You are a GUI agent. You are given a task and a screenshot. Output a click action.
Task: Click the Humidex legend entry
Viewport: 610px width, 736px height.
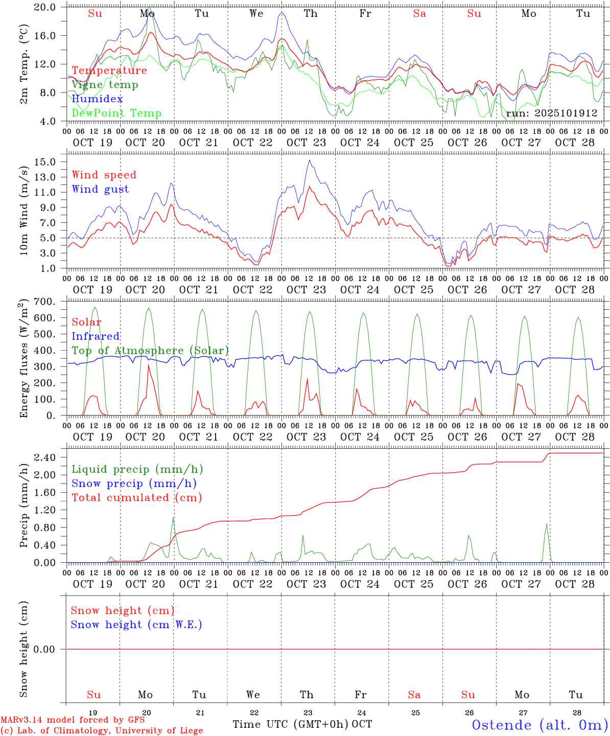(x=97, y=99)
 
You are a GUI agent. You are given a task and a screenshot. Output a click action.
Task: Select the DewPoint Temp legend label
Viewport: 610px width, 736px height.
(x=116, y=113)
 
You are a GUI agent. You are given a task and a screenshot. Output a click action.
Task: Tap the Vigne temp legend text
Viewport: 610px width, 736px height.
(x=105, y=84)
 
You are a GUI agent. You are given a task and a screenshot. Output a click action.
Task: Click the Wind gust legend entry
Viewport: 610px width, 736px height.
(x=100, y=189)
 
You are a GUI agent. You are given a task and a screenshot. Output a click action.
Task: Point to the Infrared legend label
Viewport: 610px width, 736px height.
(x=96, y=336)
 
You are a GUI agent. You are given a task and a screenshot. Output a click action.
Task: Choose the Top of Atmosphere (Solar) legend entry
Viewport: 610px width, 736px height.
(x=150, y=351)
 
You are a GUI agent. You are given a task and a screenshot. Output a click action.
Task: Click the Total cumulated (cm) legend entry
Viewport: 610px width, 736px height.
(x=136, y=497)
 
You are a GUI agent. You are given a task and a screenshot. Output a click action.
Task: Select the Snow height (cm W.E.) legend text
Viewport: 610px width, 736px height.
(x=136, y=625)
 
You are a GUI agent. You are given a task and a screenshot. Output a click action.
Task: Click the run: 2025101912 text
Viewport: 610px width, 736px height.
(x=551, y=113)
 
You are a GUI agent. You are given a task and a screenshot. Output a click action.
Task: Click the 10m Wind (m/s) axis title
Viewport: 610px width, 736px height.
(x=24, y=209)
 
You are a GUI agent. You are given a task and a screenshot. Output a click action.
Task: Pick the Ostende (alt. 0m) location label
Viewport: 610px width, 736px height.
(x=540, y=725)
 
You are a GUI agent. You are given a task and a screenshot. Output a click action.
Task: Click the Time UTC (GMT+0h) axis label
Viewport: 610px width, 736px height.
(x=290, y=724)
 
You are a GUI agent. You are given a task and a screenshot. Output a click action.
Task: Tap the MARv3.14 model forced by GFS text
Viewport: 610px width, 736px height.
(x=73, y=720)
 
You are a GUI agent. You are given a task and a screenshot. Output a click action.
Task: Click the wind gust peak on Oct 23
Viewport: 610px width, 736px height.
(x=309, y=160)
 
